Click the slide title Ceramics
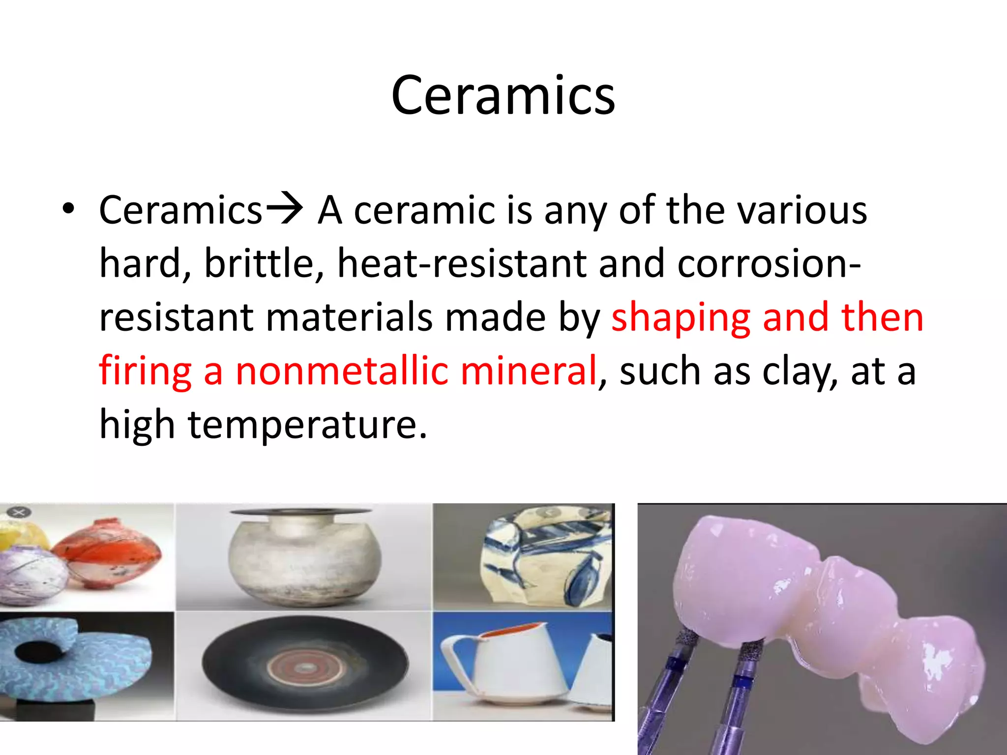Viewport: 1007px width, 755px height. (503, 96)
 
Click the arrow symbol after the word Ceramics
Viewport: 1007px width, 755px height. (284, 209)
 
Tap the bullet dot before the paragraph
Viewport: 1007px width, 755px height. (68, 209)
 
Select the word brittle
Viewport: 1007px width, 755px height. (264, 263)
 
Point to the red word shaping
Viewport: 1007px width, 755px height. (681, 318)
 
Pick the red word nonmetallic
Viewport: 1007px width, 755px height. (342, 371)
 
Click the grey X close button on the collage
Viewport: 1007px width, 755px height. (19, 513)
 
